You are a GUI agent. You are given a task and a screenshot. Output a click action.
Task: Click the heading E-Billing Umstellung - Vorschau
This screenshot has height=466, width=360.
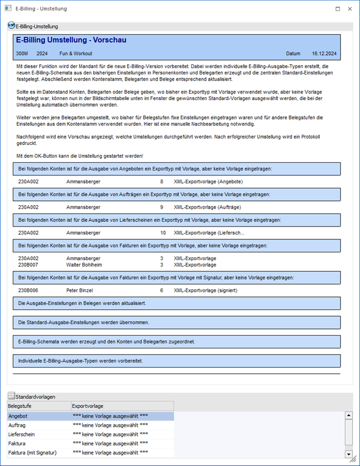click(x=71, y=40)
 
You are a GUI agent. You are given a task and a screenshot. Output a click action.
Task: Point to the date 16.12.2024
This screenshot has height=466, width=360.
click(x=324, y=54)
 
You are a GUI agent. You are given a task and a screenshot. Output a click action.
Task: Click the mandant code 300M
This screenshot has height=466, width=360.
click(x=22, y=54)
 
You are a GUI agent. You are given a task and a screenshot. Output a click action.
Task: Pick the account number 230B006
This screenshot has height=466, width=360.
click(x=27, y=290)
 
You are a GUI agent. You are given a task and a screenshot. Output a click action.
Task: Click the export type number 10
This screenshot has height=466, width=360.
click(x=163, y=232)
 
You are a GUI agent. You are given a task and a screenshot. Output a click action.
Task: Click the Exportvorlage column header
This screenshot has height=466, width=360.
click(x=88, y=406)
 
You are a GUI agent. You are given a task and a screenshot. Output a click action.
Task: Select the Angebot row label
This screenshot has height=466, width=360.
click(x=18, y=416)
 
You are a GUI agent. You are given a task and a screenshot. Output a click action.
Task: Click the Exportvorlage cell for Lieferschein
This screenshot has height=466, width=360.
click(x=110, y=434)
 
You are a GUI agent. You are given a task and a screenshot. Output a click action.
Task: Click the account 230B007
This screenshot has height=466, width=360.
click(x=27, y=265)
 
